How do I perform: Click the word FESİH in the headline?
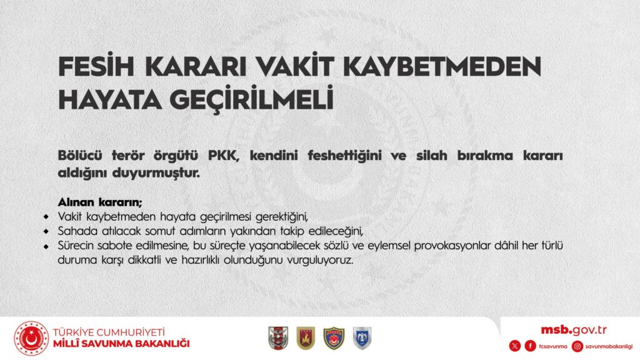tap(96, 66)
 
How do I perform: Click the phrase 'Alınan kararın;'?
tap(100, 202)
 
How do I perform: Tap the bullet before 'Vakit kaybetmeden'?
tap(46, 216)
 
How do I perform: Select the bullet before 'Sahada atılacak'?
tap(46, 231)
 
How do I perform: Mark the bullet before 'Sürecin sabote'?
tap(46, 246)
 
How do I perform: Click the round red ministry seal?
tap(31, 338)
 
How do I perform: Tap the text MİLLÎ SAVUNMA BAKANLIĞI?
tap(121, 344)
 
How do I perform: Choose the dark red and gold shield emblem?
tap(306, 338)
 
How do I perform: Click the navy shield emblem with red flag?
tap(334, 338)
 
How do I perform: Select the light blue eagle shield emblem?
tap(362, 338)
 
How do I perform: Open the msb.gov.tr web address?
tap(574, 330)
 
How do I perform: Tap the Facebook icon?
tap(530, 346)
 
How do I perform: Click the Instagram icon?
tap(577, 346)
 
